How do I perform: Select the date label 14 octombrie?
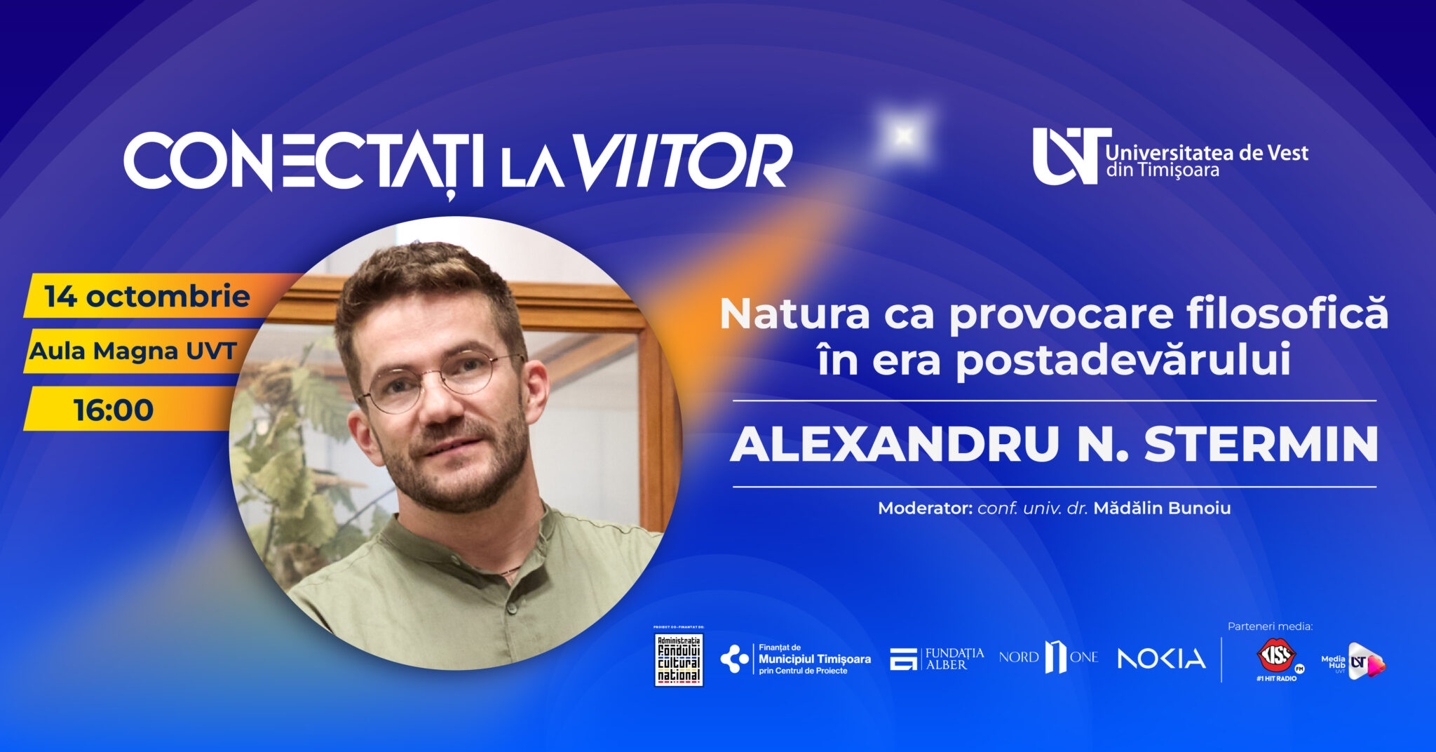pyautogui.click(x=147, y=297)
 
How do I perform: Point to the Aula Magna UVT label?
pyautogui.click(x=133, y=351)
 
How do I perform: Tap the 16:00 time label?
pyautogui.click(x=114, y=410)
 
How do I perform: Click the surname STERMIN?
pyautogui.click(x=1261, y=444)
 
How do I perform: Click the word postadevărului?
pyautogui.click(x=1123, y=361)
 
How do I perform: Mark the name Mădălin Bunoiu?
pyautogui.click(x=1162, y=508)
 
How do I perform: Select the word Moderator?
pyautogui.click(x=926, y=508)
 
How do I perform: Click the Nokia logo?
pyautogui.click(x=1161, y=659)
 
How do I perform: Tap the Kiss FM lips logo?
pyautogui.click(x=1276, y=657)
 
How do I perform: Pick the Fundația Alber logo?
pyautogui.click(x=937, y=659)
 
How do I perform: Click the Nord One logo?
pyautogui.click(x=1049, y=657)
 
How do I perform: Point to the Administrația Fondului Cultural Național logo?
pyautogui.click(x=678, y=659)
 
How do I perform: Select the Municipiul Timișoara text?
pyautogui.click(x=814, y=659)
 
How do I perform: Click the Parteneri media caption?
pyautogui.click(x=1270, y=626)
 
